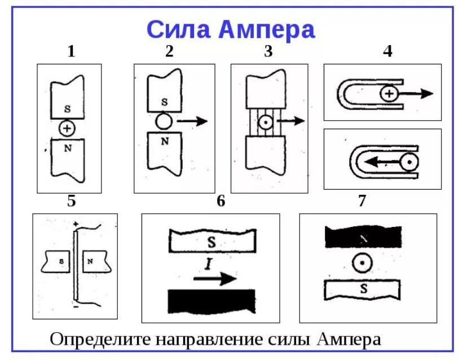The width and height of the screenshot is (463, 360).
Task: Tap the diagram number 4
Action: coord(387,51)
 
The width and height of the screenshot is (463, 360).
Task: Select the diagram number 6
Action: coord(221,201)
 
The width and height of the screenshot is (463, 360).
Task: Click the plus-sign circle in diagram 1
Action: coord(67,129)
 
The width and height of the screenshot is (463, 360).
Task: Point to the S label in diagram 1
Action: coord(67,108)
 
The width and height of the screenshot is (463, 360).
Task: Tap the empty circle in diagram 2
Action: coord(164,121)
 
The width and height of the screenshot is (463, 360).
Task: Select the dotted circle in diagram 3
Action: coord(266,121)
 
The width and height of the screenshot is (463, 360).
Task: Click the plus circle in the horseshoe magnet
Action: coord(387,94)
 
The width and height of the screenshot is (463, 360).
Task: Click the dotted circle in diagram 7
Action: coord(361,262)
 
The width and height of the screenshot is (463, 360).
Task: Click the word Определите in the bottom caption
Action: coord(95,340)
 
